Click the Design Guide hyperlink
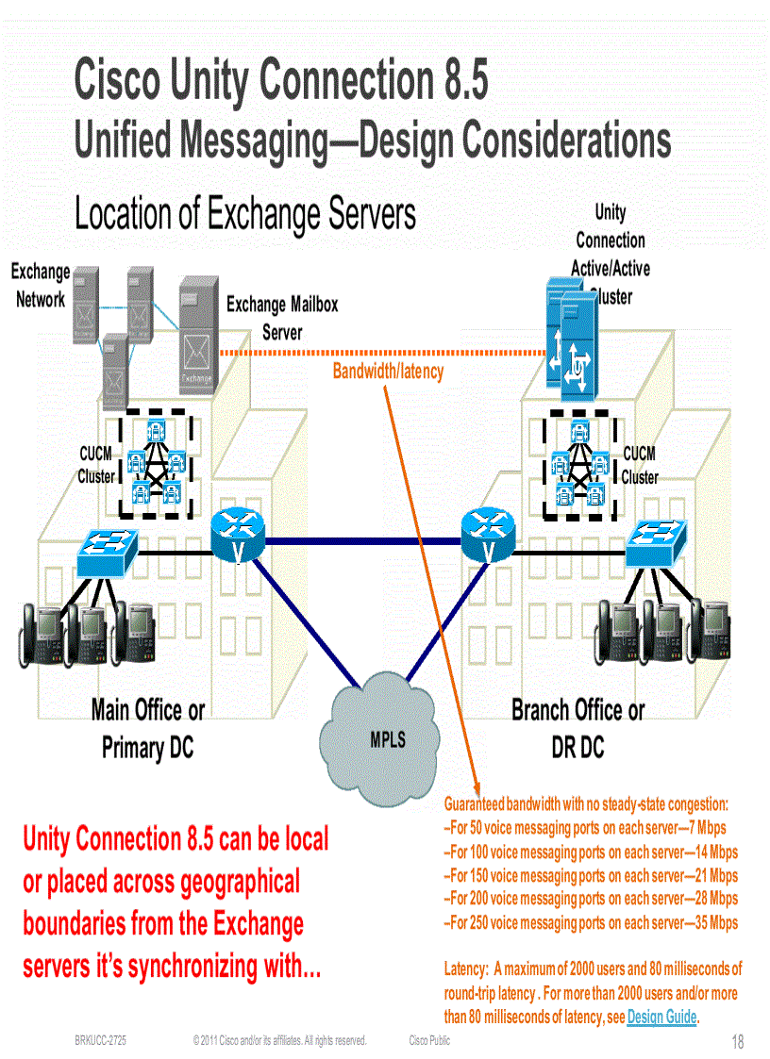[661, 1017]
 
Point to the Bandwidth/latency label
[388, 372]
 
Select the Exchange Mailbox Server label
[282, 318]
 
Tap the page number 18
[737, 1042]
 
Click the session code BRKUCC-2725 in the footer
[101, 1040]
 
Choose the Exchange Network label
[41, 286]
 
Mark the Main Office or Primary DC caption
[147, 729]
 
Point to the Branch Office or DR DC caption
[577, 729]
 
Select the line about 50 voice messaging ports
[584, 827]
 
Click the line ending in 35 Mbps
[591, 922]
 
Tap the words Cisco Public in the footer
[429, 1040]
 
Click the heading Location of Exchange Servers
[245, 214]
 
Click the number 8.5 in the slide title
[458, 80]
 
